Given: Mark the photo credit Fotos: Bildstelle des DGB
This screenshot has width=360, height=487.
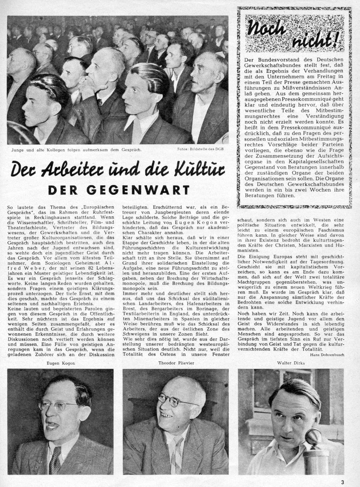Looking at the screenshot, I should coord(200,149).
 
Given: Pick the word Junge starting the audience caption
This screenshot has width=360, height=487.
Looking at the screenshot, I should coord(18,150).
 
